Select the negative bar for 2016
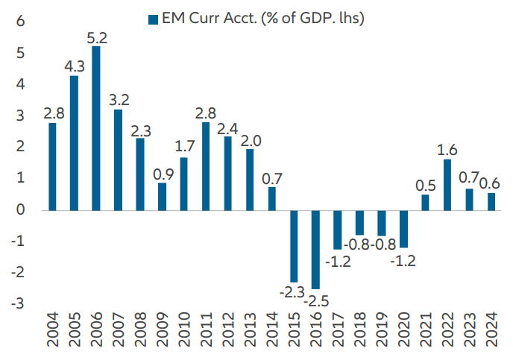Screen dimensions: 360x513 316,250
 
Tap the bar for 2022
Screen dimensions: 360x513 447,185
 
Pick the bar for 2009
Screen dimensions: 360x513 162,196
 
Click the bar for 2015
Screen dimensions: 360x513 294,246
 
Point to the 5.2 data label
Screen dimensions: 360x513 96,37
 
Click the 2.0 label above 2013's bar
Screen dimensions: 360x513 251,139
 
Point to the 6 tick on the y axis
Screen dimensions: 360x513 22,22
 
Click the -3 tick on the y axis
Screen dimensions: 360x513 19,304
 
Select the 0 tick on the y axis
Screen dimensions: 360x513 22,210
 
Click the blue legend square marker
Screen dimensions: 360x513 154,18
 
